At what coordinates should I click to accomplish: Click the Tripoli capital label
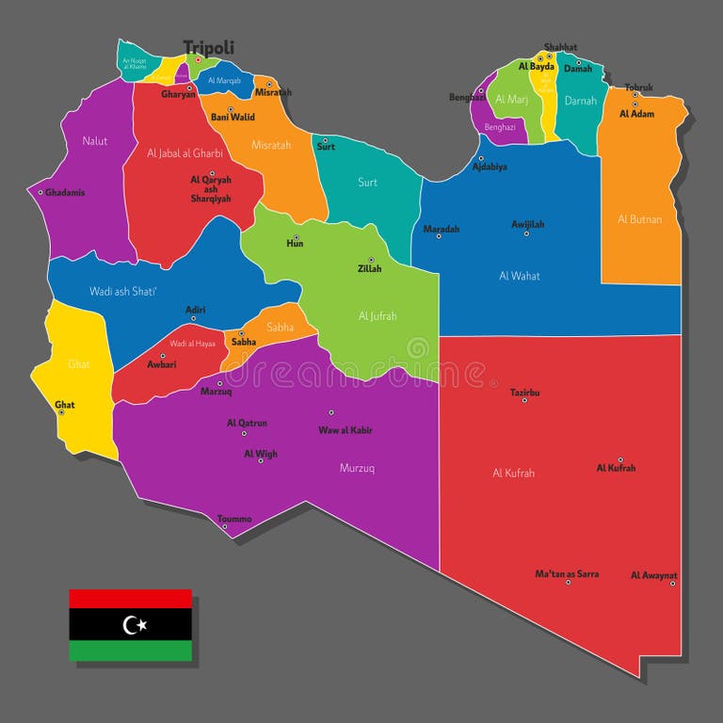[208, 47]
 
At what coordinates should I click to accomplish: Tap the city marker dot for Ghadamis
[40, 192]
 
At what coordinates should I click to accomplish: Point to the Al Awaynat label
[653, 574]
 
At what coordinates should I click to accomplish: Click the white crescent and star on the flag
[135, 624]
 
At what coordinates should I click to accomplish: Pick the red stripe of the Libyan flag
[130, 599]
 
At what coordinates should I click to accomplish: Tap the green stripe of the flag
[130, 651]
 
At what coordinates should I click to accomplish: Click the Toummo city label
[234, 519]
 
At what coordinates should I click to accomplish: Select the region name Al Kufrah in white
[513, 474]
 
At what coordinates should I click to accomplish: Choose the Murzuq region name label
[357, 467]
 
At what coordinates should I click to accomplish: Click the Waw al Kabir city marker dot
[331, 412]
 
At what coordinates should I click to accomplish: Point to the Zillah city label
[369, 268]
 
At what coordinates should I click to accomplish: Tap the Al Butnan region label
[639, 219]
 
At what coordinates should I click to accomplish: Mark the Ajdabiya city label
[490, 167]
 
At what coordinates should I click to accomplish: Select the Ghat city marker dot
[62, 412]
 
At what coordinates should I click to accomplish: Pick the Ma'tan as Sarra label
[567, 573]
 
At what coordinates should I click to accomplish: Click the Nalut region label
[95, 141]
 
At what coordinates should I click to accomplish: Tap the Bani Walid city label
[232, 117]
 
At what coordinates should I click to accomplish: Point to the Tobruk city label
[638, 88]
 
